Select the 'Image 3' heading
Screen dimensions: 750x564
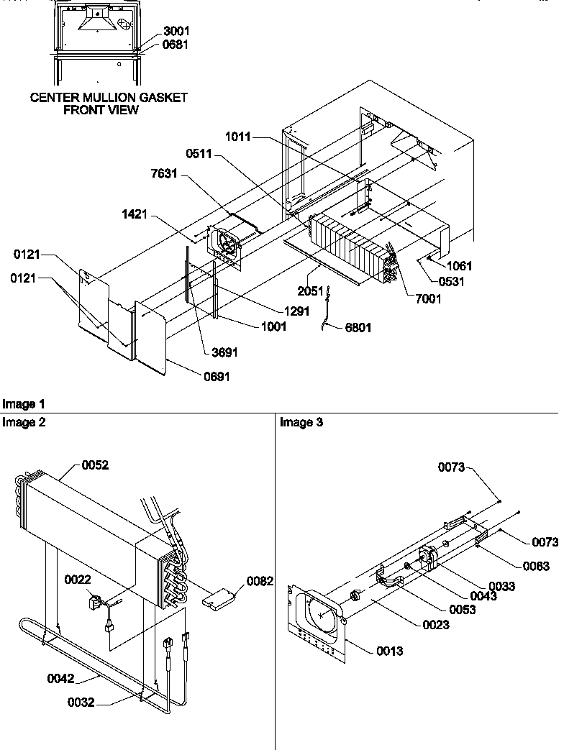click(301, 423)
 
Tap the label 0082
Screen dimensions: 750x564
click(260, 581)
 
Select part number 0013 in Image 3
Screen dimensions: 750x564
click(389, 651)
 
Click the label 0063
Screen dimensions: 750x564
click(536, 567)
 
